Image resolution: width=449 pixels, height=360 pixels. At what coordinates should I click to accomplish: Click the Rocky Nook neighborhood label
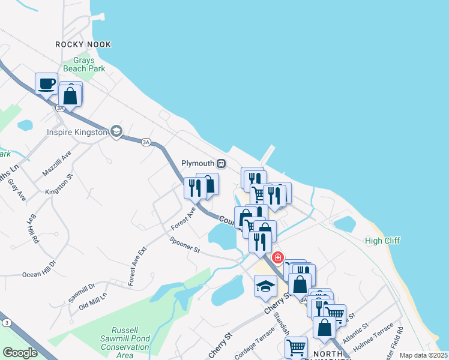83,44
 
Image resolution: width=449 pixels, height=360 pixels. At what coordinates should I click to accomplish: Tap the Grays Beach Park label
88,65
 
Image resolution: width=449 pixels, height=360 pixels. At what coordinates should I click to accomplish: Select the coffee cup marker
46,84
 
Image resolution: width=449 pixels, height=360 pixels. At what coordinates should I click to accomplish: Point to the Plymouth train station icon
221,163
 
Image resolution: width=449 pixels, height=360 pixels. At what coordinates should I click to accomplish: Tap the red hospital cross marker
277,258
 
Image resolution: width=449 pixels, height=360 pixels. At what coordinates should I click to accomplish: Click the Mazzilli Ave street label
57,163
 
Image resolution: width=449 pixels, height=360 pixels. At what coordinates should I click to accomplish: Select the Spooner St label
184,246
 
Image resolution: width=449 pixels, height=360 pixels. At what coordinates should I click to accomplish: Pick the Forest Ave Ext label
137,266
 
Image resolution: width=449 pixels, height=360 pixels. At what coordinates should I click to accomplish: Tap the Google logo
20,353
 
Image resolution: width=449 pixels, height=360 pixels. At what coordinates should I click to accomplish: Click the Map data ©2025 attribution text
424,355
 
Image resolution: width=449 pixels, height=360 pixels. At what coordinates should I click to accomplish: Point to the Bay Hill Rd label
34,229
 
